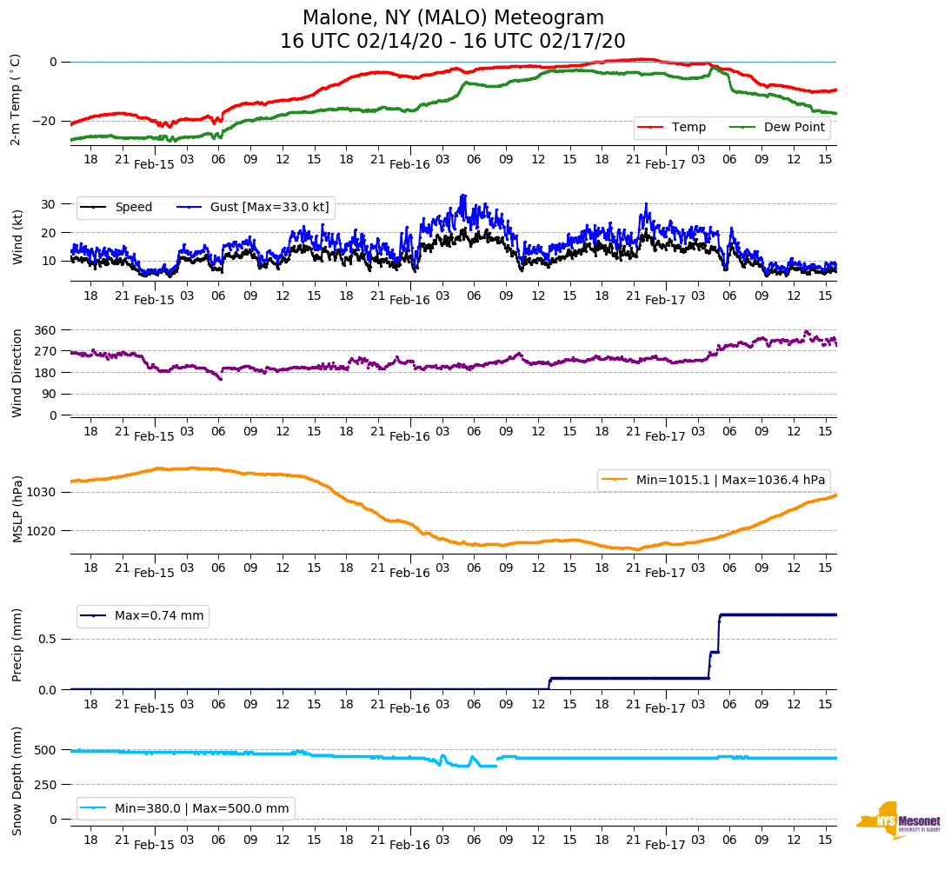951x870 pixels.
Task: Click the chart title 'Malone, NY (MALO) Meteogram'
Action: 452,18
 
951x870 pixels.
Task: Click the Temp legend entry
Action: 688,128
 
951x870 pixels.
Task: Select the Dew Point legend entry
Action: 795,128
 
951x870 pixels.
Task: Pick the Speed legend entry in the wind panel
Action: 133,208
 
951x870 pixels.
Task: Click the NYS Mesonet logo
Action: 898,820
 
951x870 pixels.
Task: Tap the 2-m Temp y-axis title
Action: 16,99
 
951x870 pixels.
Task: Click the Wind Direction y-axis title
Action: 17,373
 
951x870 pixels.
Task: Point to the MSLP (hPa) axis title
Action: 17,510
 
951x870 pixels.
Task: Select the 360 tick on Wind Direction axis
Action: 46,330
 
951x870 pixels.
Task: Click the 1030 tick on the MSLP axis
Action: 43,492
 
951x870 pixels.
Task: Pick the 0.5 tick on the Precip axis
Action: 48,639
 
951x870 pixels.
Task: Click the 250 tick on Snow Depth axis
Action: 46,785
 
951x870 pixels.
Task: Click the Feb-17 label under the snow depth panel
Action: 665,845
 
